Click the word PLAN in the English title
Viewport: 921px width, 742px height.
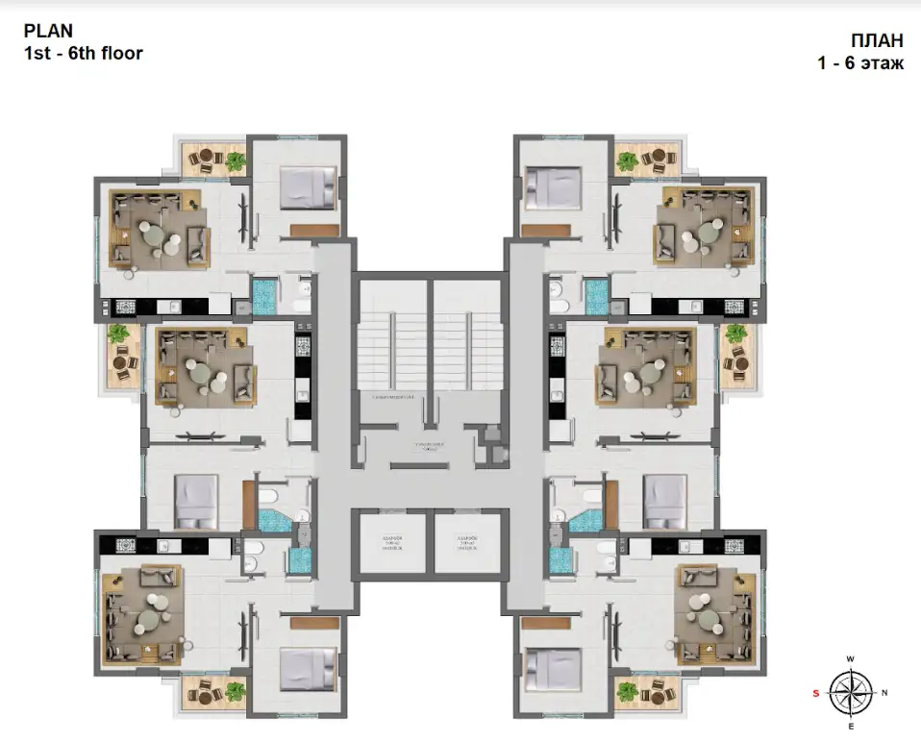47,31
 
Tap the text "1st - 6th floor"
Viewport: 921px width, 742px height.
84,54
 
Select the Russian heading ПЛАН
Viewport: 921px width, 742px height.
876,40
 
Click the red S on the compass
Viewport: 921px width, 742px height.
816,692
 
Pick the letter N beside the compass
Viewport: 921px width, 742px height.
884,692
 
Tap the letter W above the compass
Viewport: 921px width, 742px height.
850,658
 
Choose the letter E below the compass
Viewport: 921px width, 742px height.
850,727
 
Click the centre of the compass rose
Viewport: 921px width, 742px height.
850,692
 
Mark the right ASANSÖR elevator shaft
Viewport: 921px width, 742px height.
469,546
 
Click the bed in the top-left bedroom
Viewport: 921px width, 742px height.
308,186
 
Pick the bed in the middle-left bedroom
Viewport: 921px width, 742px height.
198,500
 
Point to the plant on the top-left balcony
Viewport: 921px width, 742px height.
235,161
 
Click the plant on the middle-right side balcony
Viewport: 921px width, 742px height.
736,334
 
